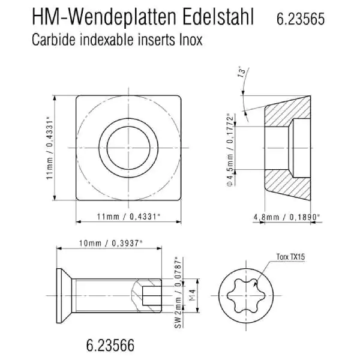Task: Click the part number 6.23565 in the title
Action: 301,19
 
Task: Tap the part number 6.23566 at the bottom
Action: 110,345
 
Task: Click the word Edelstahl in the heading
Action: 218,17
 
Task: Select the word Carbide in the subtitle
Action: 53,40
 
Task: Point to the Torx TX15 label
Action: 290,256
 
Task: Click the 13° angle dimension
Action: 242,72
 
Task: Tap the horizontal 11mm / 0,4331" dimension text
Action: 128,216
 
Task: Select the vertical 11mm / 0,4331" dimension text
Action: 50,148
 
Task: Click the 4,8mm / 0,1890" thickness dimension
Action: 287,217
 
